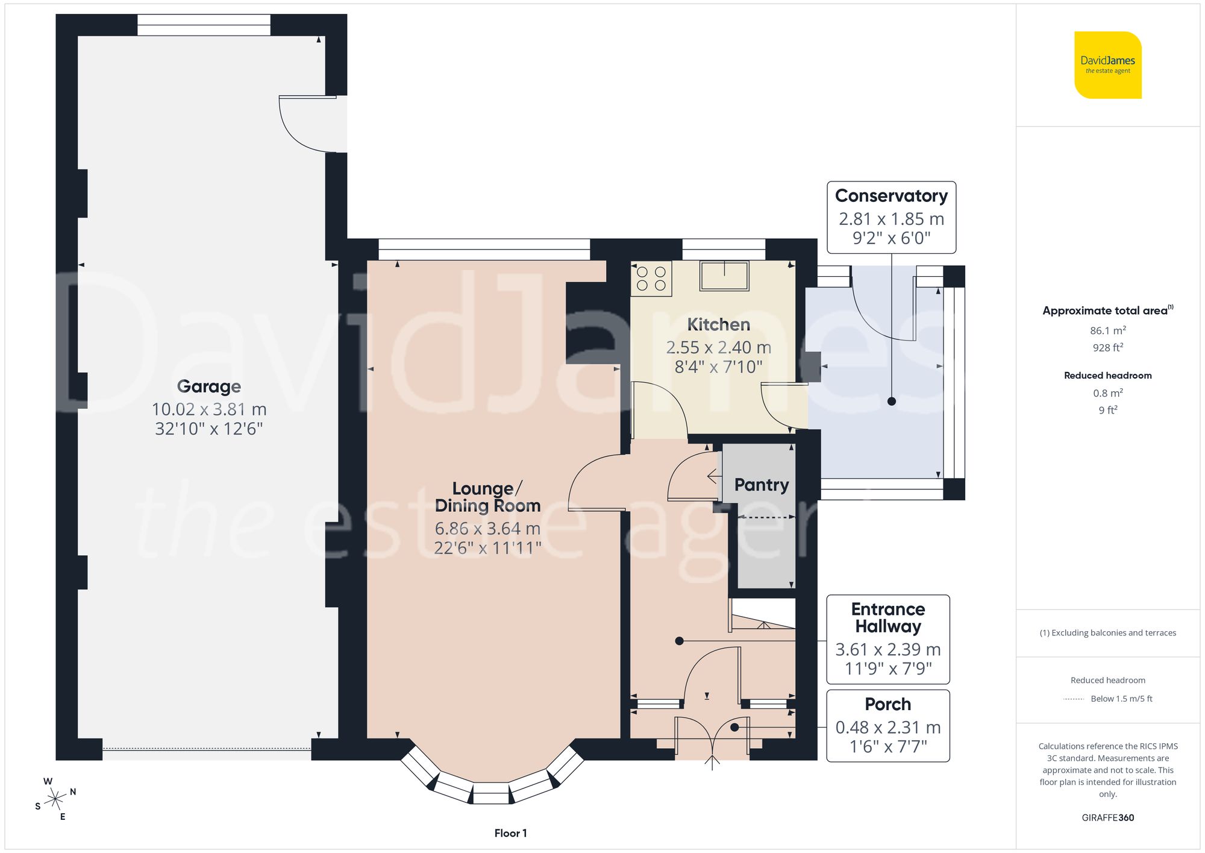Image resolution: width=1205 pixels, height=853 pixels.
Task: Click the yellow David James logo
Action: (x=1107, y=65)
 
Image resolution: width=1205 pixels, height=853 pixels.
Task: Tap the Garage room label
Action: (x=208, y=386)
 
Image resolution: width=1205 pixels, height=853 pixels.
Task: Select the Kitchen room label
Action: (x=718, y=325)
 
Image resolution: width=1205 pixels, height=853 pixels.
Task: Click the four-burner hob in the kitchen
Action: (x=651, y=279)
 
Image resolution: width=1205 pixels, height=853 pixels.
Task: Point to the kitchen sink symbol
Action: (x=724, y=275)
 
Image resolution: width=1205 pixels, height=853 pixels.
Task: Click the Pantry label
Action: (x=761, y=485)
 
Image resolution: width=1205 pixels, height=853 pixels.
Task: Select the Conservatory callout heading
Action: (x=891, y=196)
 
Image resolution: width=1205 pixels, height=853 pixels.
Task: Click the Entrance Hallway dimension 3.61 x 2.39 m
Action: (x=887, y=649)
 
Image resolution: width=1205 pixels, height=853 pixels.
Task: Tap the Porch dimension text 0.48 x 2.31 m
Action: (x=887, y=728)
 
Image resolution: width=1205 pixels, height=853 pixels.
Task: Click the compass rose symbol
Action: (x=55, y=799)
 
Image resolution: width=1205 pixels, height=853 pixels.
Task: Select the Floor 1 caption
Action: (x=510, y=833)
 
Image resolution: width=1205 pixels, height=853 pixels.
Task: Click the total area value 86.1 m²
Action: (x=1107, y=330)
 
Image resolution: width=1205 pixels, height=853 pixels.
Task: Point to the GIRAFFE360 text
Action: (x=1107, y=817)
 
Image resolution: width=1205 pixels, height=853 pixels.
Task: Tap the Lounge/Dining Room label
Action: (x=487, y=497)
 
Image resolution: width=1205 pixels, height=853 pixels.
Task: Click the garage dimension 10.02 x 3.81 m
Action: (x=208, y=409)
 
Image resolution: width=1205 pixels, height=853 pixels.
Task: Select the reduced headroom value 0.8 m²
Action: (x=1107, y=393)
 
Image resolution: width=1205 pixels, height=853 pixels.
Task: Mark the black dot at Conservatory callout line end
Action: (x=892, y=401)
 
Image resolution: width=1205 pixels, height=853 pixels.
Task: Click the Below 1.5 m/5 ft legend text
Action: (x=1121, y=699)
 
